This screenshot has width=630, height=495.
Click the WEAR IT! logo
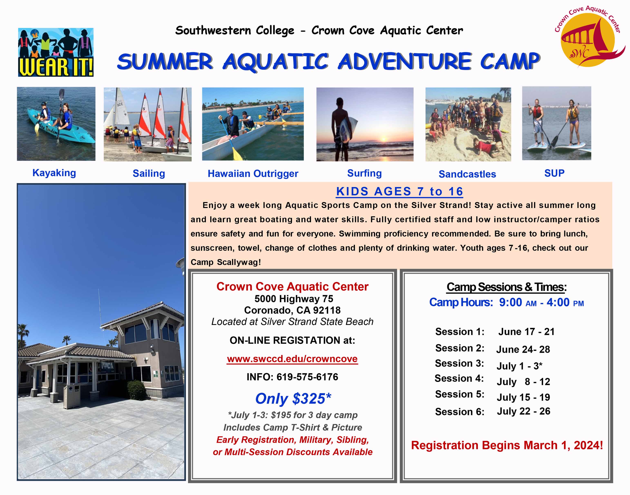click(x=56, y=52)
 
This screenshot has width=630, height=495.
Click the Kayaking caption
click(x=54, y=173)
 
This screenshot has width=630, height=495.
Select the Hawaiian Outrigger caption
click(x=253, y=174)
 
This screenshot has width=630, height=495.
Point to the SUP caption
click(x=554, y=173)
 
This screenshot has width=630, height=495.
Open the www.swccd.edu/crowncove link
click(x=292, y=359)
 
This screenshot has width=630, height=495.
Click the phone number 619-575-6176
click(x=307, y=377)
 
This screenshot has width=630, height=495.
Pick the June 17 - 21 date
click(x=526, y=331)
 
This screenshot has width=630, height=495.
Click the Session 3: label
click(x=459, y=363)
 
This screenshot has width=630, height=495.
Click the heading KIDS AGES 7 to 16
click(x=399, y=191)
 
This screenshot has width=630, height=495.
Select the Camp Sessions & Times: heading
click(x=506, y=287)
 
